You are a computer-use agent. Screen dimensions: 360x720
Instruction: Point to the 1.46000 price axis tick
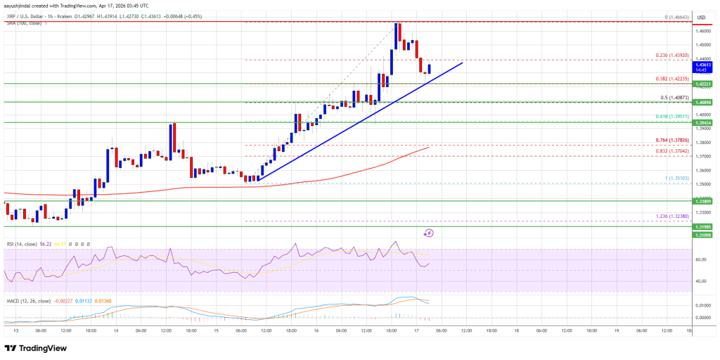click(703, 30)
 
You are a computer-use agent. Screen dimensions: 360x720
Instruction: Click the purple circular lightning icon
click(428, 233)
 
